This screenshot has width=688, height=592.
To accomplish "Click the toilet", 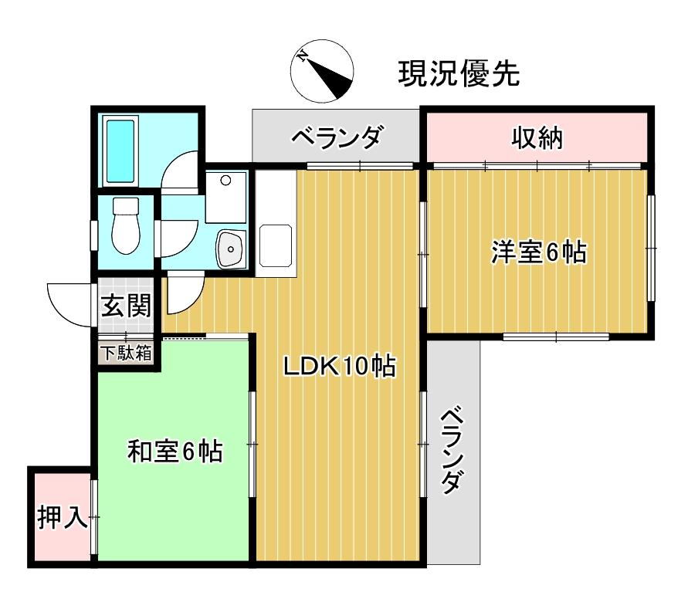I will coord(124,225).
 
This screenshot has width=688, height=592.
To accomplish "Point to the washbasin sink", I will coord(229,248).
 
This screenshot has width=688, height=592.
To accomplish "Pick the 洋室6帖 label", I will coord(538,252).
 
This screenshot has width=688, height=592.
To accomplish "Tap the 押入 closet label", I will coord(62,517).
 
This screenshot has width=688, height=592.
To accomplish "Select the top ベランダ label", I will coord(336,138).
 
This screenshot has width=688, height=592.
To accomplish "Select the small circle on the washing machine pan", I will coord(225,181).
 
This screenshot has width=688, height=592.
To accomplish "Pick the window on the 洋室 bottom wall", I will coord(556,336).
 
